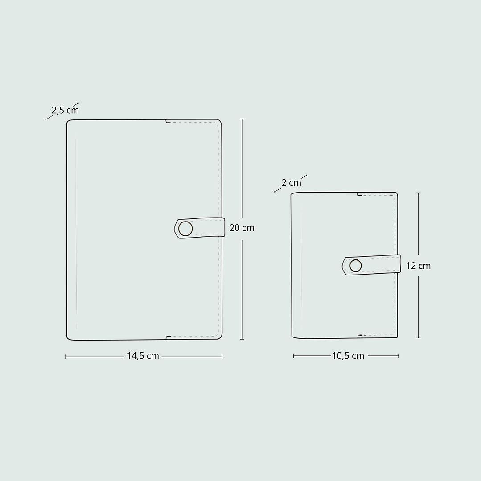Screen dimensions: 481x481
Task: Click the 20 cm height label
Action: click(x=242, y=228)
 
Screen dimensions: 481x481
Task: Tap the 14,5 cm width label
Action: click(x=143, y=356)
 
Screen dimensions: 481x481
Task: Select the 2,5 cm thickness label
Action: click(x=65, y=110)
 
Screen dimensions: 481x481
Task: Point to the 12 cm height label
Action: click(x=418, y=266)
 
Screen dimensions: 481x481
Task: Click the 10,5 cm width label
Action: click(x=348, y=356)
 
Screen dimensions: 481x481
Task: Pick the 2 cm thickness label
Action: click(x=291, y=183)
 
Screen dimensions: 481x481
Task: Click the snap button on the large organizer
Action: click(x=185, y=229)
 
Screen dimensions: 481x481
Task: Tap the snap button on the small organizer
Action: click(x=356, y=266)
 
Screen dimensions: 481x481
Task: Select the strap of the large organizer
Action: click(x=205, y=228)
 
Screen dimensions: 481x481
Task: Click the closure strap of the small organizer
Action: click(x=379, y=264)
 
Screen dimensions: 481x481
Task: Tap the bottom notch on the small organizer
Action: click(x=358, y=336)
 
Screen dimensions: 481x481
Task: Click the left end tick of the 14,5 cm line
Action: click(x=66, y=357)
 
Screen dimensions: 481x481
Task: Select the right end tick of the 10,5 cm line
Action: click(x=399, y=356)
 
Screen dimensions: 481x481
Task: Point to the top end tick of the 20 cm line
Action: click(x=242, y=119)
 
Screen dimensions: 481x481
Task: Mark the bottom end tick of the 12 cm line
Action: click(x=418, y=338)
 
